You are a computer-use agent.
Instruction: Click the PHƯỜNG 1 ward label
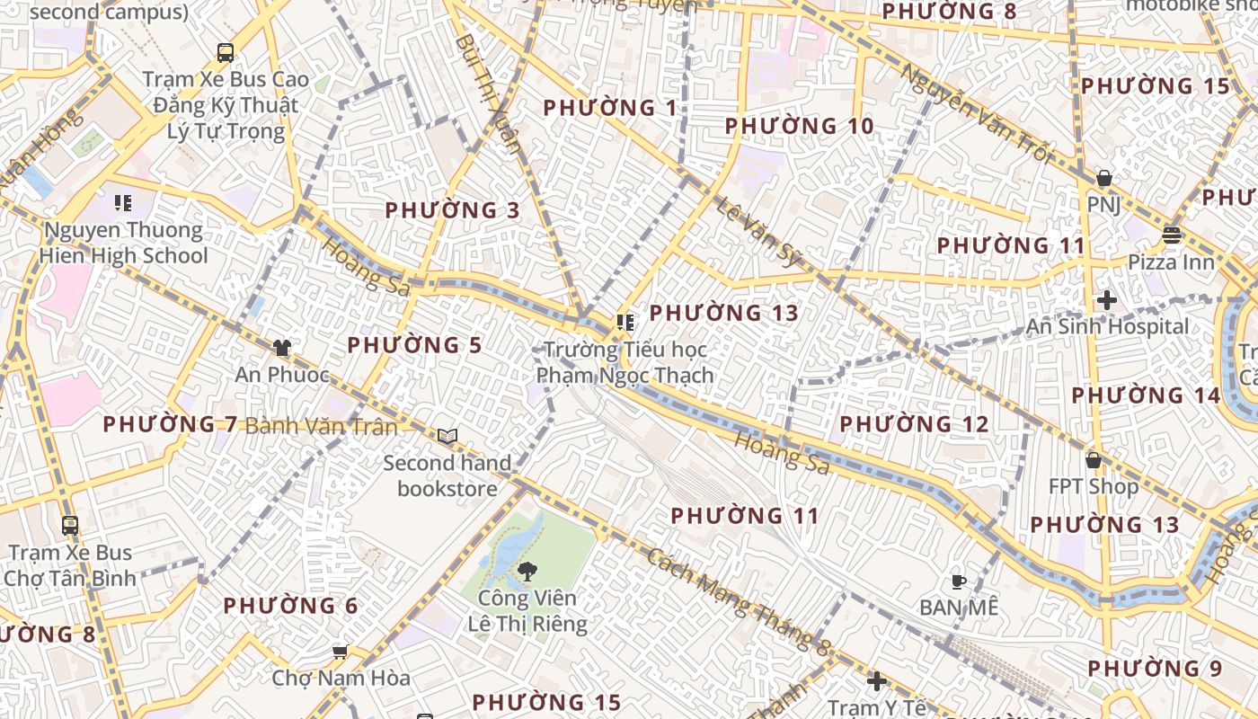[610, 108]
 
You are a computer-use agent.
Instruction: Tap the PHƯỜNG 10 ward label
[799, 126]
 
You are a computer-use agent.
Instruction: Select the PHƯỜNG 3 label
[452, 210]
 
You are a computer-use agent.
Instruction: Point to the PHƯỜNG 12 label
[914, 424]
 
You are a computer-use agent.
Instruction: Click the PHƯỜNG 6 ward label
[290, 606]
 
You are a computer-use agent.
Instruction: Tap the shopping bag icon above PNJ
[1104, 179]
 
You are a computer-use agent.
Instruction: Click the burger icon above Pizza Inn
[1171, 235]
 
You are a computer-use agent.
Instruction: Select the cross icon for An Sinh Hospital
[1107, 300]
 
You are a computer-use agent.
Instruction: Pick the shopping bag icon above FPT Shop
[1093, 460]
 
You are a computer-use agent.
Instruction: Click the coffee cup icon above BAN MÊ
[959, 581]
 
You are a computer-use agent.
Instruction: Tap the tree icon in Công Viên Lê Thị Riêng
[527, 570]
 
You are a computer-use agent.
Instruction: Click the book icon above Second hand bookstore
[447, 437]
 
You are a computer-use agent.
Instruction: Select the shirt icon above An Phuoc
[282, 347]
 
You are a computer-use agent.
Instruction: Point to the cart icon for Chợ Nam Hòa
[340, 651]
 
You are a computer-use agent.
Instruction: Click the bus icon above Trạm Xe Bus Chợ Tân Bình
[70, 525]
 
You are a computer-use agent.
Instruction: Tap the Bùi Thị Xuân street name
[488, 94]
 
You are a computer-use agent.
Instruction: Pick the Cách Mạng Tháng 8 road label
[737, 600]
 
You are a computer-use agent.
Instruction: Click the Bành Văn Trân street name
[321, 426]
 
